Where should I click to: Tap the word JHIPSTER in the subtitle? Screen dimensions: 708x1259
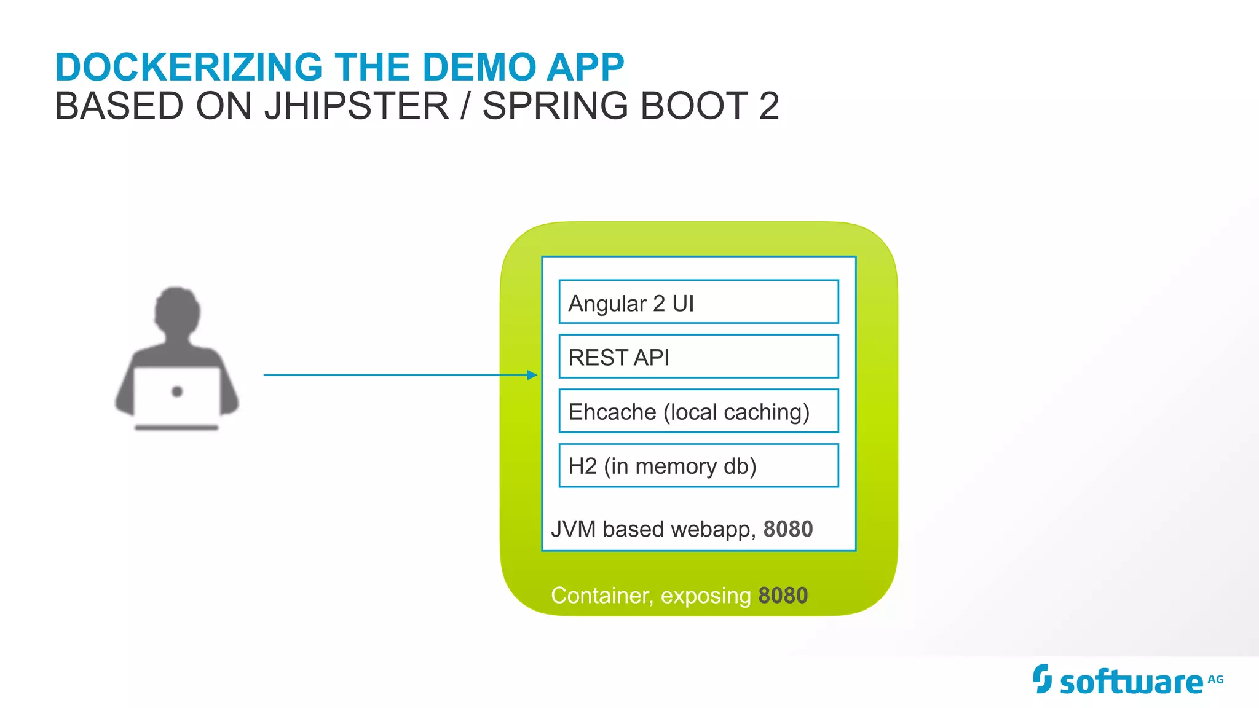[357, 106]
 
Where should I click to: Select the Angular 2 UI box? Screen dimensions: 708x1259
[698, 302]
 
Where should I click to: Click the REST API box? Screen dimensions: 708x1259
[698, 356]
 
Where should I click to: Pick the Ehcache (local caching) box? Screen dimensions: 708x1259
[698, 411]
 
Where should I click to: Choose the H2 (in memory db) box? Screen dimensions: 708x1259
[698, 465]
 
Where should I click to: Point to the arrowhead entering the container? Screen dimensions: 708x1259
[532, 375]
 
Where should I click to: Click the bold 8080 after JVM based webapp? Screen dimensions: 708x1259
[787, 529]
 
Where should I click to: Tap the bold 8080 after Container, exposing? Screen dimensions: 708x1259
[783, 596]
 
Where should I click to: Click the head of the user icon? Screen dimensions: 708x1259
[177, 311]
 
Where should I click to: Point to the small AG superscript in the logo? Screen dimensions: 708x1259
[1215, 679]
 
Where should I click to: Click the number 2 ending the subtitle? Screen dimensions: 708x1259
[768, 106]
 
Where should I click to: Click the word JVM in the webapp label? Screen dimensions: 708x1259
[573, 529]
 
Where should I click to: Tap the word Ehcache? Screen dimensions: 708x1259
[612, 412]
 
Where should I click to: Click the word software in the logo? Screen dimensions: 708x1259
[1131, 683]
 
